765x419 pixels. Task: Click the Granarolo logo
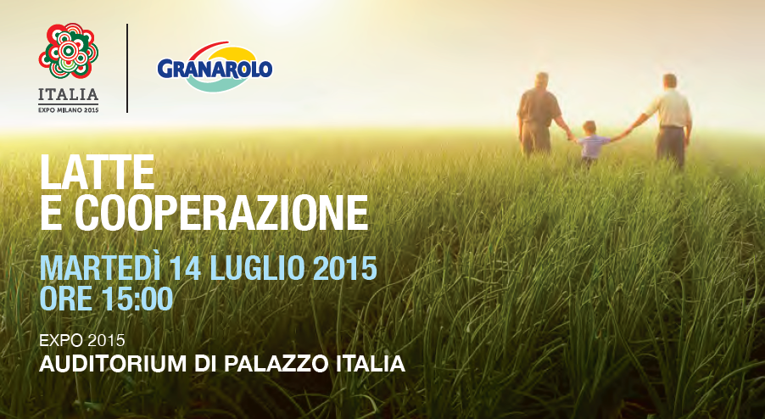click(215, 67)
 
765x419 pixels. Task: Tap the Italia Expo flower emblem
click(69, 51)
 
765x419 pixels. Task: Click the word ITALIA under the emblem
click(69, 94)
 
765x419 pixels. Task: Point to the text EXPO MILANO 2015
click(69, 110)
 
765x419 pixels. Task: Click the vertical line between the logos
click(127, 68)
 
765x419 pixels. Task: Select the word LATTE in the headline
click(97, 172)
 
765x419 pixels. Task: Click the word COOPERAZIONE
click(222, 213)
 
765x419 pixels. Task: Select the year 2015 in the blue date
click(344, 268)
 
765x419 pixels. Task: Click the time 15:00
click(137, 299)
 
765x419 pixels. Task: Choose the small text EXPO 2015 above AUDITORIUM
click(82, 340)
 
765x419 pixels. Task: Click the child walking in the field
click(590, 143)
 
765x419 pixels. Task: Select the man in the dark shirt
click(539, 115)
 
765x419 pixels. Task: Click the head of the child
click(589, 127)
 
